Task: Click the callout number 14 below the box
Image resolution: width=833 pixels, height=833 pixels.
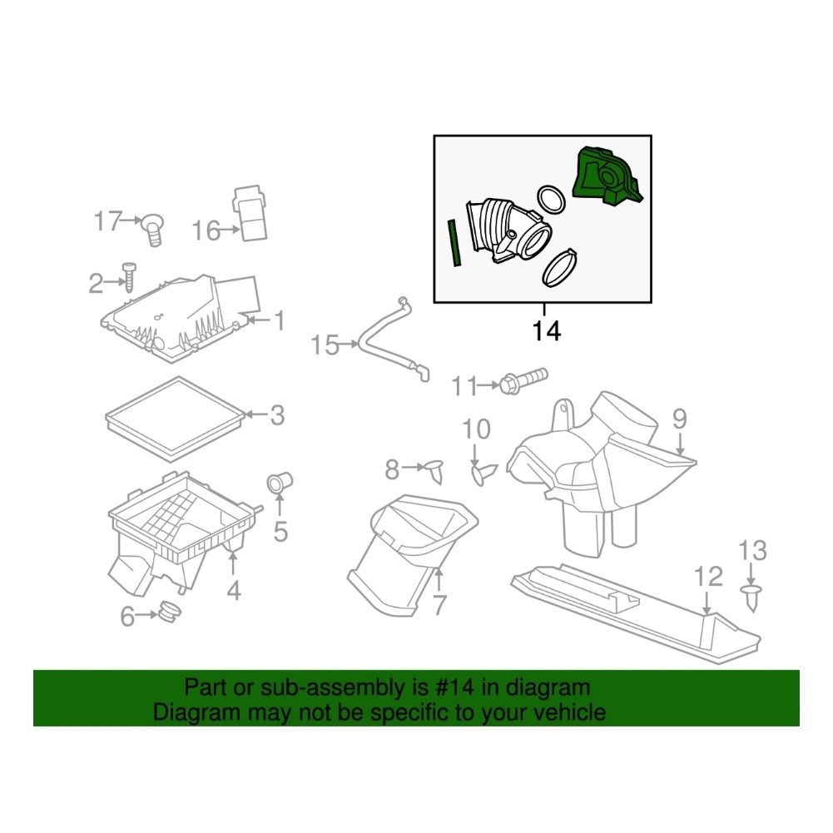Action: (547, 331)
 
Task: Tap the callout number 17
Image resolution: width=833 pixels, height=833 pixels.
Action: (108, 221)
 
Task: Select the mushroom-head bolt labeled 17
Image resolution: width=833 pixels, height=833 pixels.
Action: (152, 230)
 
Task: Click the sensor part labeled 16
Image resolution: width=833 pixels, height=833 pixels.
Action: (250, 214)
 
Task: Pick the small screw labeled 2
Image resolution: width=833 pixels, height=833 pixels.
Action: (129, 277)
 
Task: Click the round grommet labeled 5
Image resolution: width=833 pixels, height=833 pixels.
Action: (279, 483)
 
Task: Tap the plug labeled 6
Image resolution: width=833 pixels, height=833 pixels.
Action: (170, 612)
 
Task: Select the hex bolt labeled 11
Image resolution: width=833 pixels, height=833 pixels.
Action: (523, 381)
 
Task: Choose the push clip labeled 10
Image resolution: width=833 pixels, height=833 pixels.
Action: (484, 473)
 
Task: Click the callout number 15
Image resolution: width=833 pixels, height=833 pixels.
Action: (325, 345)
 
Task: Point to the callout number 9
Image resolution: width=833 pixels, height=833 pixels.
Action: (680, 419)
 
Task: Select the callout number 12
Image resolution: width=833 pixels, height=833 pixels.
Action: (709, 577)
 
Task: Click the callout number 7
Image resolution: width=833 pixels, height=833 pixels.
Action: (439, 605)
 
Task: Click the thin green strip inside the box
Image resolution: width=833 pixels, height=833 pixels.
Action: (454, 243)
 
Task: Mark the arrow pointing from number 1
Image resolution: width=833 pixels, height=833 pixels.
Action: (258, 320)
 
